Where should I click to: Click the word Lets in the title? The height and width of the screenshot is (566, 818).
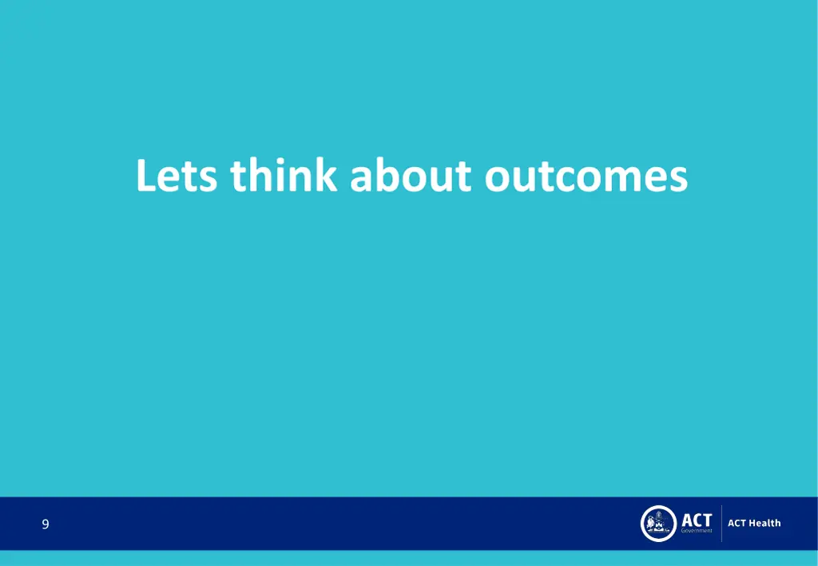(x=176, y=176)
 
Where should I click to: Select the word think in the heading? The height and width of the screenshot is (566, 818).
(x=283, y=176)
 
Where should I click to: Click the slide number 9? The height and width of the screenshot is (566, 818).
(x=46, y=524)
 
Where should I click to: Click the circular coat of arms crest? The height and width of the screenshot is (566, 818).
(x=658, y=524)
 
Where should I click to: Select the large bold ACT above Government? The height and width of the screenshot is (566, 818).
(x=696, y=519)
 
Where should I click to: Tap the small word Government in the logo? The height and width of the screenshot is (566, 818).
(x=696, y=532)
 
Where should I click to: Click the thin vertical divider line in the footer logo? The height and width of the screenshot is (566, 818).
(x=721, y=524)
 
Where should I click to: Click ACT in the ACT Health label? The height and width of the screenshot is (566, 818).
(x=737, y=523)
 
